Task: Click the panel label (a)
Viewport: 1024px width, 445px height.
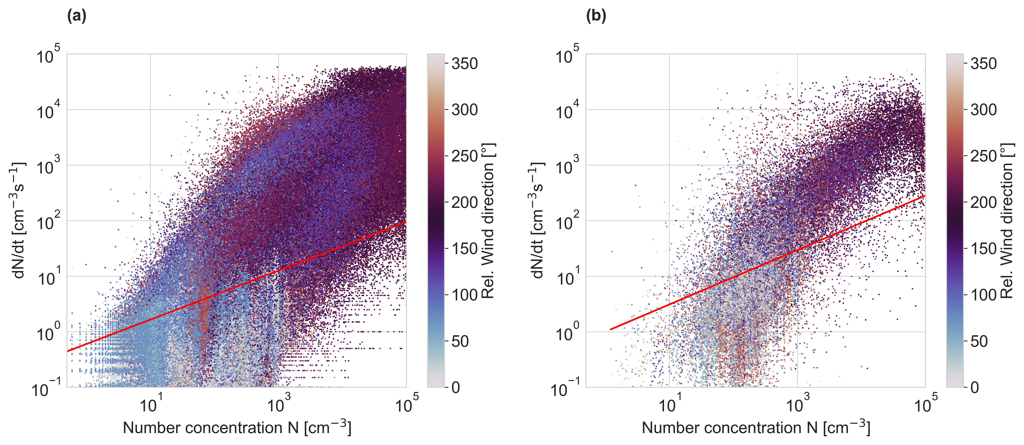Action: click(76, 16)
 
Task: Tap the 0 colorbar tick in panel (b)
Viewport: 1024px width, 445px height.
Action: click(974, 387)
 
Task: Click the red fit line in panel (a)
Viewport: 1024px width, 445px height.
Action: click(238, 286)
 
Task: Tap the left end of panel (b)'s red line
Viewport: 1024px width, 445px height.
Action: click(611, 329)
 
